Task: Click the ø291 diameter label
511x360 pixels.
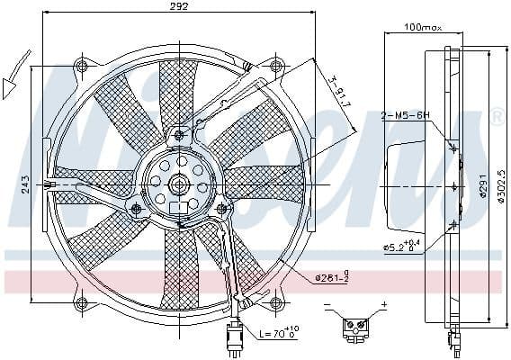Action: (483, 184)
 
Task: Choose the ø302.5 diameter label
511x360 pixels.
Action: (500, 184)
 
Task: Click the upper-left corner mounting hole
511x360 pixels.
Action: (83, 67)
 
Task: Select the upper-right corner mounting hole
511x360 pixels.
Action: (276, 67)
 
